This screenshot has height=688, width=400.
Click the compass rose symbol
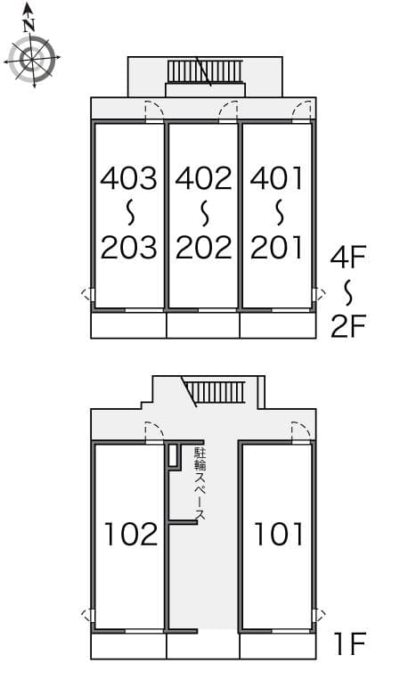click(x=32, y=59)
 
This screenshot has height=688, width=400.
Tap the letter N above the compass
click(x=29, y=25)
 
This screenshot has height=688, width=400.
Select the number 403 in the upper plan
click(x=128, y=178)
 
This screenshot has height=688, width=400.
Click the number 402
click(x=203, y=178)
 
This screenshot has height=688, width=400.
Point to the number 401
click(x=277, y=178)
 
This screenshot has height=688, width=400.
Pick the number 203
click(x=128, y=247)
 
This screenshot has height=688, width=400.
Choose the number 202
click(x=203, y=247)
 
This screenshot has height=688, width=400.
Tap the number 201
click(x=277, y=247)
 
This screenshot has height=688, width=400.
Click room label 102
click(x=130, y=534)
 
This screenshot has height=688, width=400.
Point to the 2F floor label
click(x=348, y=327)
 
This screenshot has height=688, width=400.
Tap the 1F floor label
click(x=349, y=642)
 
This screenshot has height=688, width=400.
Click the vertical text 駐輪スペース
click(x=200, y=485)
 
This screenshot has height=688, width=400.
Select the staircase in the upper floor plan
click(x=205, y=70)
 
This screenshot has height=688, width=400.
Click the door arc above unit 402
click(x=229, y=110)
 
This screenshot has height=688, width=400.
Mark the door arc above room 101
click(x=302, y=431)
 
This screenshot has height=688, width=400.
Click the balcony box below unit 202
click(x=203, y=325)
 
